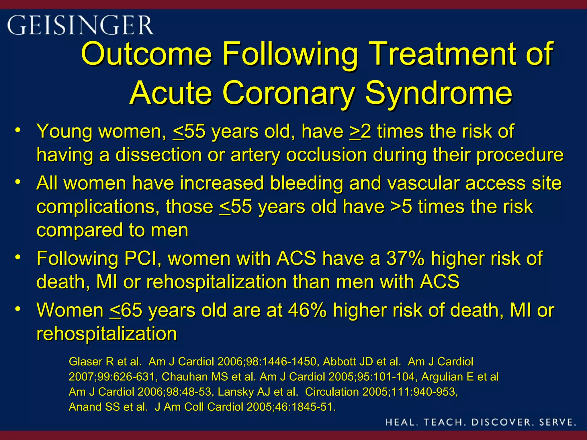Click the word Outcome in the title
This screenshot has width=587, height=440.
coord(146,54)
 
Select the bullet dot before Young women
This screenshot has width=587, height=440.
coord(18,130)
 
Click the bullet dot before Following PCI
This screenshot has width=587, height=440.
coord(18,257)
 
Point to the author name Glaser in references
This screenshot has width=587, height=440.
coord(86,362)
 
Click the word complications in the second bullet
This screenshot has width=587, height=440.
coord(98,207)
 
